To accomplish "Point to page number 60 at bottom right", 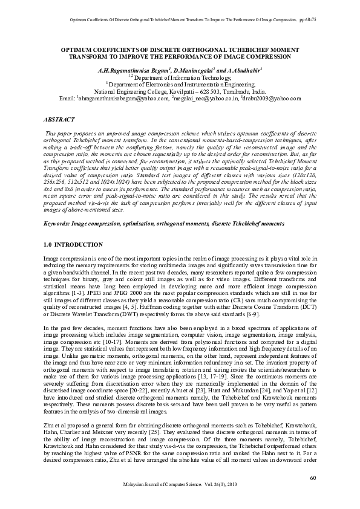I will click(x=312, y=478).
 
